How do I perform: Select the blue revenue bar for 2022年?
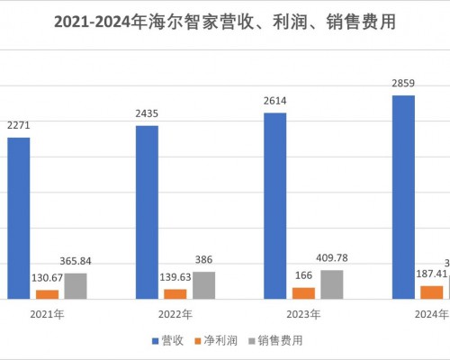coord(147,212)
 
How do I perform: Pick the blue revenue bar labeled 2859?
coord(403,197)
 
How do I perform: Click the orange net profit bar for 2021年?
coord(47,294)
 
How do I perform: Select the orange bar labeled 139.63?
coord(175,293)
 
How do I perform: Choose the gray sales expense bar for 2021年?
coord(76,285)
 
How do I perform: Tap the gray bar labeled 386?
coord(204,284)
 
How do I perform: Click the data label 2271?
coord(19,126)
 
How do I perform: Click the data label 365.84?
coord(76,261)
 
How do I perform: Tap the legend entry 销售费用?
coord(276,340)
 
